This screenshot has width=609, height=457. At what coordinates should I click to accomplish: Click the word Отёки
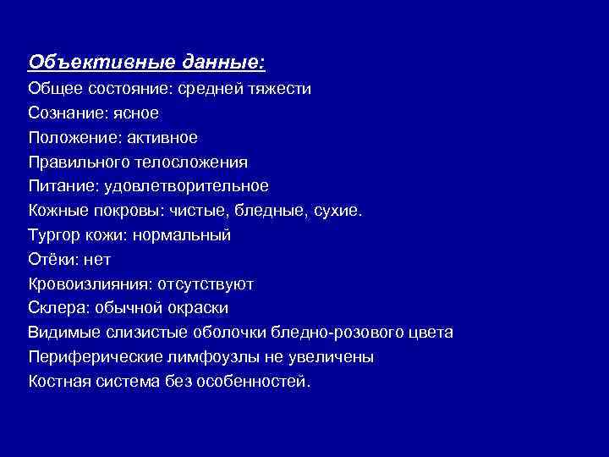point(49,259)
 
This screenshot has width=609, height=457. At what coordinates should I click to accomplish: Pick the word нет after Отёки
point(96,259)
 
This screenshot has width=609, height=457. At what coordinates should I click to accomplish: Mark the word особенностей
point(253,382)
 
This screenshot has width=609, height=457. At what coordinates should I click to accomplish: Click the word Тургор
point(52,234)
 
